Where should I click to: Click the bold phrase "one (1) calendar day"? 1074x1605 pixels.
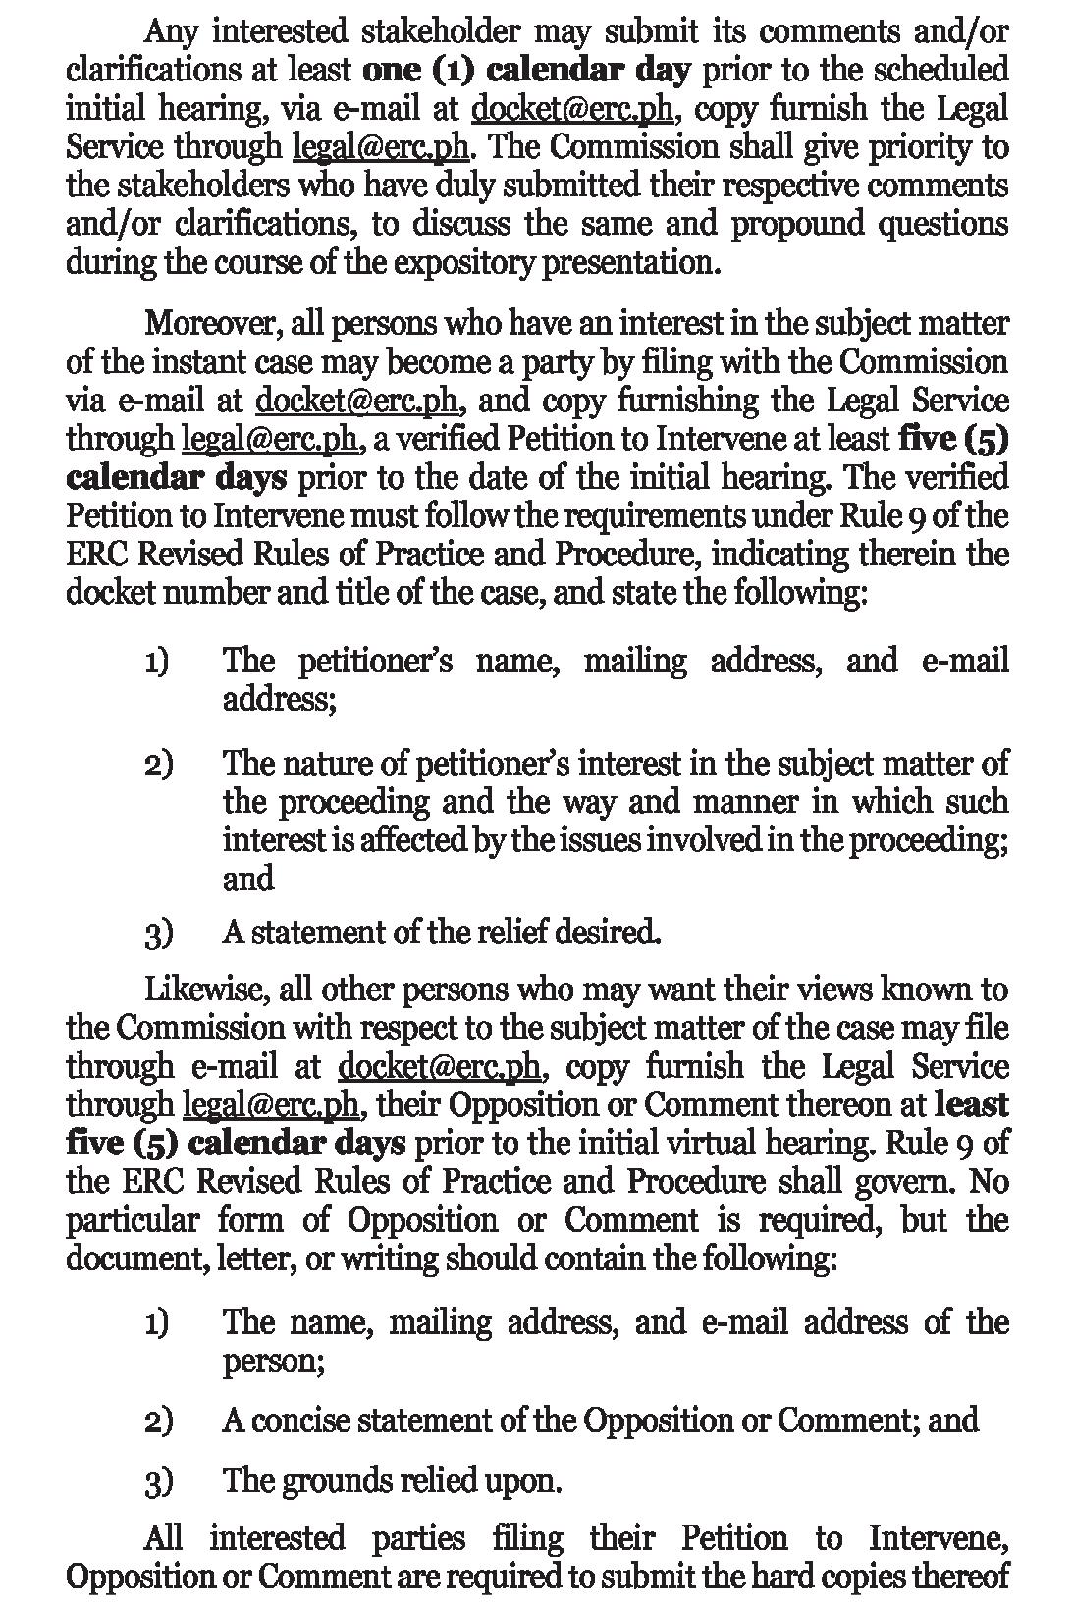pyautogui.click(x=527, y=71)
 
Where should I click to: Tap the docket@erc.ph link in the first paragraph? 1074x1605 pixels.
pyautogui.click(x=572, y=109)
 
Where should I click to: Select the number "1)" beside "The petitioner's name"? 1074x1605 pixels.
pyautogui.click(x=157, y=663)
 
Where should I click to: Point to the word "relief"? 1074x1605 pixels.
pyautogui.click(x=510, y=932)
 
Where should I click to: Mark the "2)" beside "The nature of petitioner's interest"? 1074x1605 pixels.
pyautogui.click(x=158, y=765)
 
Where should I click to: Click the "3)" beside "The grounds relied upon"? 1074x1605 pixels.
pyautogui.click(x=158, y=1481)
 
